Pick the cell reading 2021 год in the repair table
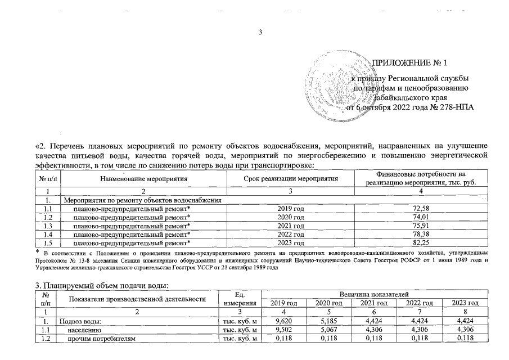click(291, 226)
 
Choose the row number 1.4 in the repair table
click(48, 234)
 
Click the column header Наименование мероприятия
click(143, 179)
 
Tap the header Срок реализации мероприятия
click(291, 179)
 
